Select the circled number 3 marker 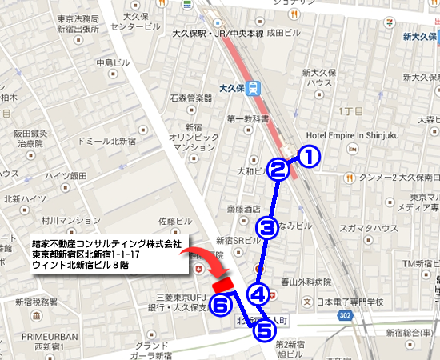268,228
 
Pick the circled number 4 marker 258,294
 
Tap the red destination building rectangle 222,282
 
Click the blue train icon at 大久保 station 253,88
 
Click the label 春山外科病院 300,282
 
